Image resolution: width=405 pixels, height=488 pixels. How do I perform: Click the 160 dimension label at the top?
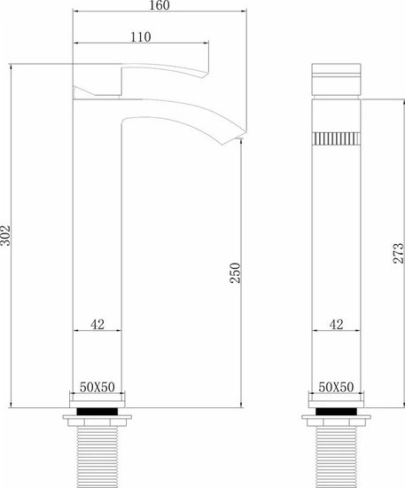click(160, 5)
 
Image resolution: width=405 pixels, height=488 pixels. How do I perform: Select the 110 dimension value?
click(141, 37)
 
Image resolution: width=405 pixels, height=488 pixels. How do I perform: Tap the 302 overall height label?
click(5, 235)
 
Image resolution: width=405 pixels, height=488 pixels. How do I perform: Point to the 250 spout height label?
click(235, 273)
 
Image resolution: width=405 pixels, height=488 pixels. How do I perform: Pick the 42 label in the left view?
click(97, 325)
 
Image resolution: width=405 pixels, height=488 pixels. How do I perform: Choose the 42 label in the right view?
click(336, 325)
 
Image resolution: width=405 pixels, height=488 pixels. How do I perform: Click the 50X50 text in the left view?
click(97, 387)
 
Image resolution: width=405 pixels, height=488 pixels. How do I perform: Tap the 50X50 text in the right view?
click(336, 387)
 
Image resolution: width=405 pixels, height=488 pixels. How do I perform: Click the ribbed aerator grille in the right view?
click(336, 138)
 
